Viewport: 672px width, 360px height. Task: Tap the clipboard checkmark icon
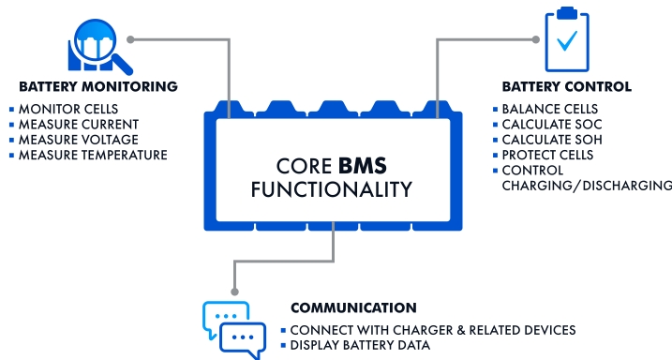566,37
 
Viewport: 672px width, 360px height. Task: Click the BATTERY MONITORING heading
91,86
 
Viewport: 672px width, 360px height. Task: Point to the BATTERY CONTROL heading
566,86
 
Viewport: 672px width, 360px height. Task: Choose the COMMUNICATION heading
353,307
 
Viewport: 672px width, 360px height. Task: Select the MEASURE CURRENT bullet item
79,124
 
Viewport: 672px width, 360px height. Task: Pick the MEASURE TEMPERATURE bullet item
93,155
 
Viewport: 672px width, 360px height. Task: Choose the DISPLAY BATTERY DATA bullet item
360,345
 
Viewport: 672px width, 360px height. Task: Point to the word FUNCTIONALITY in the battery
332,190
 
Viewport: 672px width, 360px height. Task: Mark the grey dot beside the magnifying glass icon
131,39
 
